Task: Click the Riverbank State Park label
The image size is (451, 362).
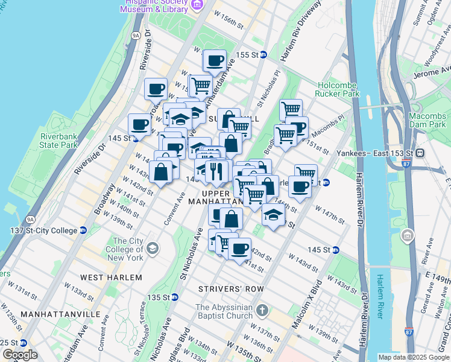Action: (x=58, y=141)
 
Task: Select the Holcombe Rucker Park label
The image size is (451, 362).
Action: (x=337, y=89)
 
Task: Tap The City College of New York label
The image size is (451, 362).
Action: (x=124, y=249)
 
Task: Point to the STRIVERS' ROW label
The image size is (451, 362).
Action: (x=232, y=289)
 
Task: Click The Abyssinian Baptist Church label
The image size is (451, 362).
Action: (x=224, y=311)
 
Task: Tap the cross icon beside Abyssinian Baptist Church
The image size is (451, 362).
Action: (x=262, y=311)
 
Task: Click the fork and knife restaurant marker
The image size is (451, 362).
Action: (x=216, y=172)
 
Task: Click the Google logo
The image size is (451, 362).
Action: (x=20, y=355)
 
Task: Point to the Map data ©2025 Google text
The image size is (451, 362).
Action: (x=413, y=357)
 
